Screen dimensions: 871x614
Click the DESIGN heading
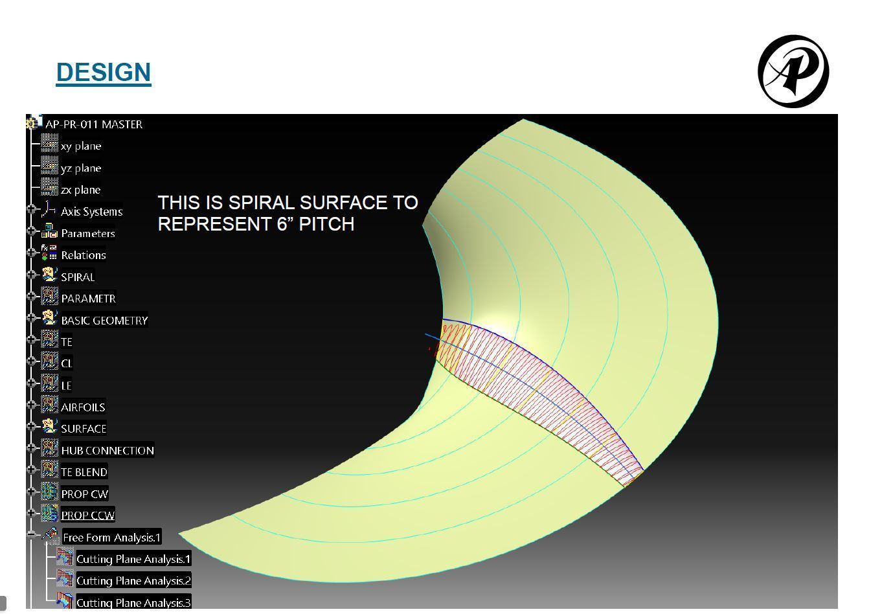pyautogui.click(x=104, y=72)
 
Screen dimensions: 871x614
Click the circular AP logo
pyautogui.click(x=793, y=71)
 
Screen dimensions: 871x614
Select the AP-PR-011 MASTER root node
pyautogui.click(x=94, y=124)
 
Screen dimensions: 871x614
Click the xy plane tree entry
pyautogui.click(x=81, y=146)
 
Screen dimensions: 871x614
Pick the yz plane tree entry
pyautogui.click(x=81, y=168)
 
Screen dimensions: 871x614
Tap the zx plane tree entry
pyautogui.click(x=80, y=190)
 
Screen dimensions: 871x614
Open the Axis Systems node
pyautogui.click(x=91, y=212)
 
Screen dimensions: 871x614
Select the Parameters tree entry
pyautogui.click(x=88, y=233)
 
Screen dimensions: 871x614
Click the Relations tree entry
pyautogui.click(x=83, y=255)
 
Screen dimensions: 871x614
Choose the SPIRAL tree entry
pyautogui.click(x=78, y=277)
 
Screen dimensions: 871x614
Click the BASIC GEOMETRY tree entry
pyautogui.click(x=104, y=321)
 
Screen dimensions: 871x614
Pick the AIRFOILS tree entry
pyautogui.click(x=83, y=407)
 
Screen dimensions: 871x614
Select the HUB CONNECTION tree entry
pyautogui.click(x=107, y=450)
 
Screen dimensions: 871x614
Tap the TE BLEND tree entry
pyautogui.click(x=84, y=472)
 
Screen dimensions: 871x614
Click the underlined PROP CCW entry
pyautogui.click(x=88, y=516)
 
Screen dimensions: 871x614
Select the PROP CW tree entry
pyautogui.click(x=84, y=494)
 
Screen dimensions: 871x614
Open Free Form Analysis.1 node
pyautogui.click(x=111, y=538)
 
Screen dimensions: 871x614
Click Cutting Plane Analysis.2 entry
pyautogui.click(x=133, y=580)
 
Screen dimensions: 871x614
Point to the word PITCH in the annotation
pyautogui.click(x=326, y=224)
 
